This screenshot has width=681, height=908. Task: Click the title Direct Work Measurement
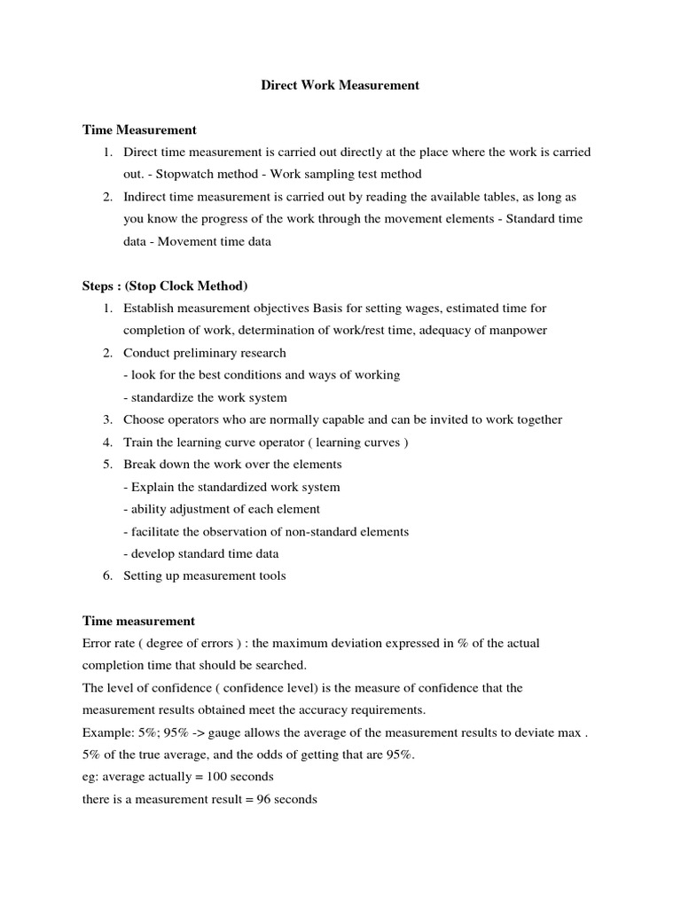pyautogui.click(x=340, y=86)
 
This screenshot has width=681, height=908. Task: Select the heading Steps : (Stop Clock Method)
pyautogui.click(x=165, y=286)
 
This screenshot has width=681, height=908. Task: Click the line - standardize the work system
pyautogui.click(x=205, y=397)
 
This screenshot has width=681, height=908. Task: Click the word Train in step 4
pyautogui.click(x=138, y=442)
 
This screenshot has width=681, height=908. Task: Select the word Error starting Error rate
pyautogui.click(x=98, y=643)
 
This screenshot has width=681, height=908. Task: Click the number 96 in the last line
pyautogui.click(x=263, y=799)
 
